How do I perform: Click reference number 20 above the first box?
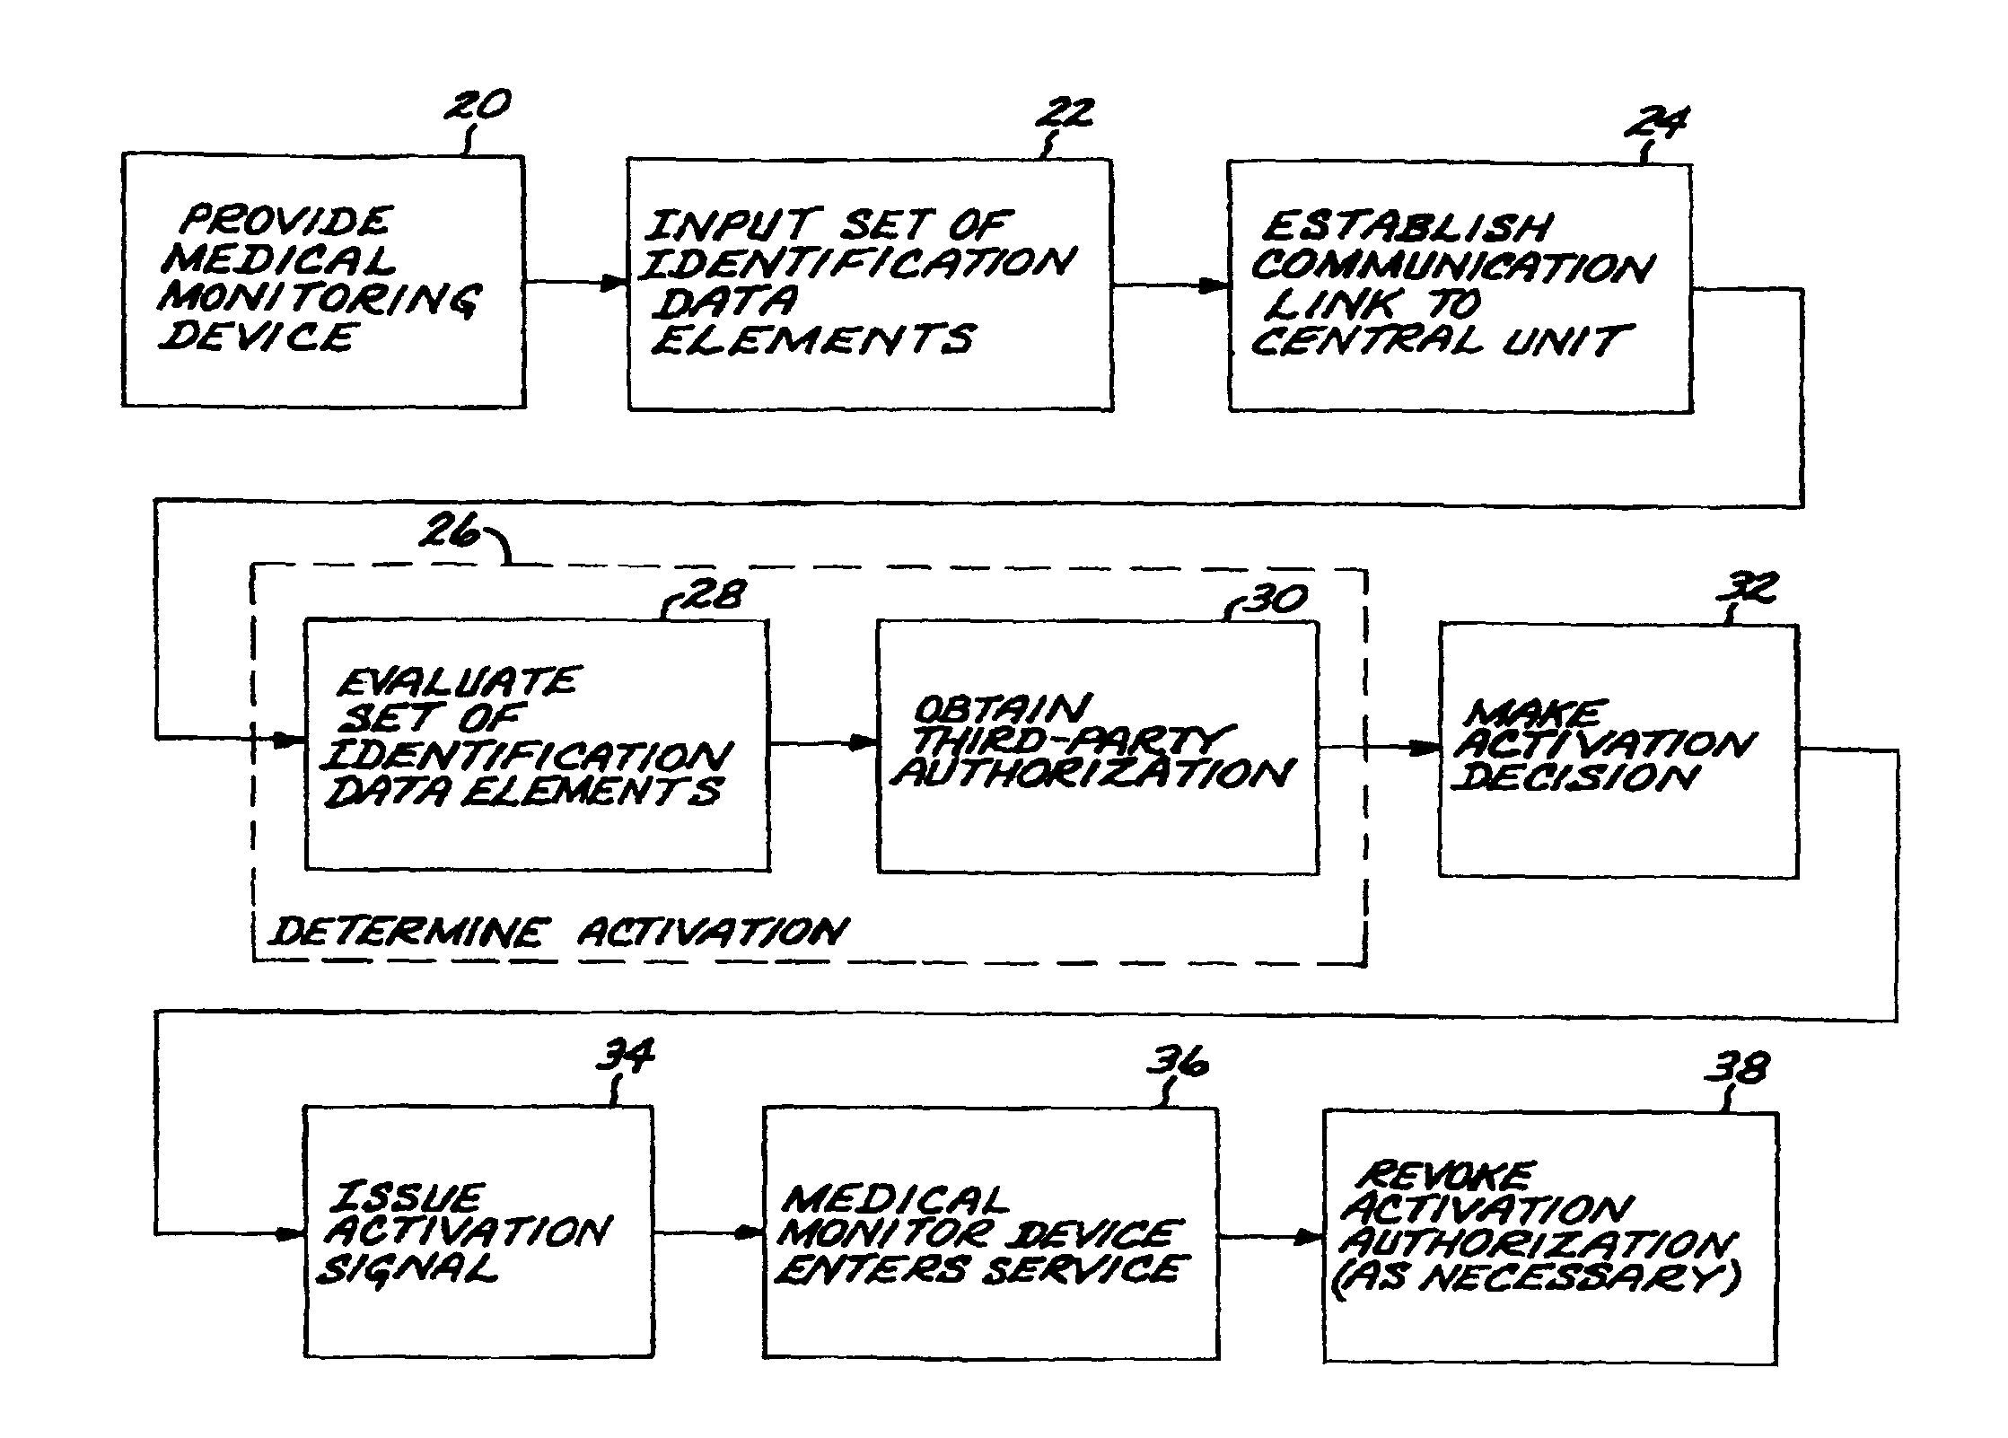point(478,105)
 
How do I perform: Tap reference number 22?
point(1065,114)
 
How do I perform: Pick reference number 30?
point(1276,600)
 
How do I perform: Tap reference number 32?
point(1746,589)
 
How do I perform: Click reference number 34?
point(626,1055)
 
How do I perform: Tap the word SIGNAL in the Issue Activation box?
point(408,1269)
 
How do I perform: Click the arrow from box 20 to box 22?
point(576,283)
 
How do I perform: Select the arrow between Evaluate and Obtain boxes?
point(823,742)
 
